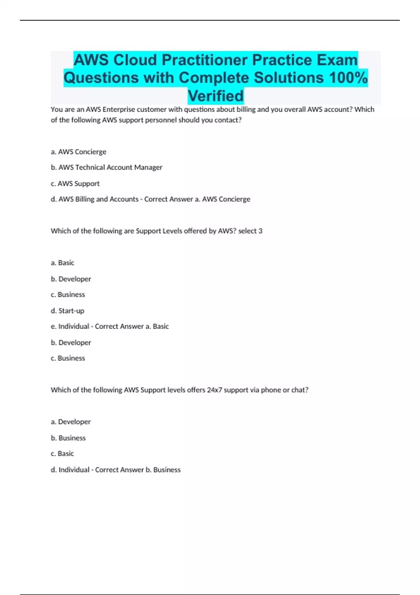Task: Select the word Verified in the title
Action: [216, 96]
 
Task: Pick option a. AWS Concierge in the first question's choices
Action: [78, 152]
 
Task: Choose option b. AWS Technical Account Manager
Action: [106, 167]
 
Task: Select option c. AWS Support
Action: [75, 183]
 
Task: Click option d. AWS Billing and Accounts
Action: [94, 199]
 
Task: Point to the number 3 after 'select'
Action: [260, 231]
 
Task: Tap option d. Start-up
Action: [67, 311]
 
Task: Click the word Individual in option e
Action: [73, 326]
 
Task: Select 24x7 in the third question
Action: [214, 390]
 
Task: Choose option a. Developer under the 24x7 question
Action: [71, 422]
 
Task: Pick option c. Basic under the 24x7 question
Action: [62, 454]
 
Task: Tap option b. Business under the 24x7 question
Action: [68, 438]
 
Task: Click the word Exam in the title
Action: [337, 60]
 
